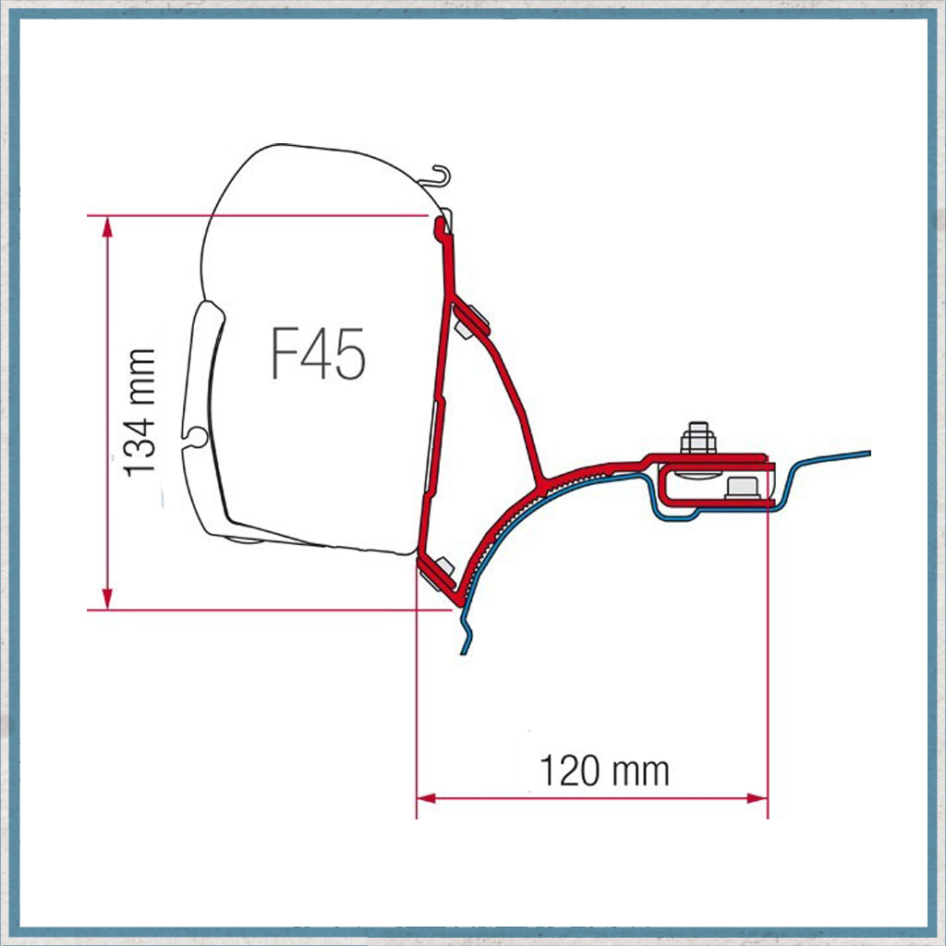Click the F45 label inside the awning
(319, 354)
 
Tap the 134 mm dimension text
(141, 412)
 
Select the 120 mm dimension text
(604, 770)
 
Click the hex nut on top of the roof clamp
(698, 438)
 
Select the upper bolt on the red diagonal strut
(472, 316)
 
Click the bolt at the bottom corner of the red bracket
(440, 571)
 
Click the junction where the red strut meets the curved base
(545, 479)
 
